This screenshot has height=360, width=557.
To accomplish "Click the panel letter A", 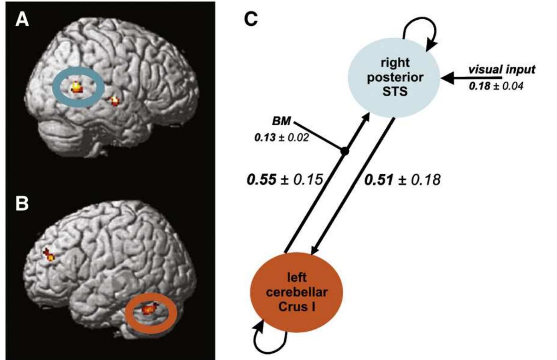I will (22, 19).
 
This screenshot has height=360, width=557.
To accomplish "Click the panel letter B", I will (22, 203).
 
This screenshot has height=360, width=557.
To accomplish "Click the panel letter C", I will (251, 19).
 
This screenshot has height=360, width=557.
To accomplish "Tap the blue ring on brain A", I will (56, 87).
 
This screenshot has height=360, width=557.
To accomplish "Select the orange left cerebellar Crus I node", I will (297, 292).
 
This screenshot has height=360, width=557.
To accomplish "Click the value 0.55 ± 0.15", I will (285, 179).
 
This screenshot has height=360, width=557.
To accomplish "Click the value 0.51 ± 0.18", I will (402, 179).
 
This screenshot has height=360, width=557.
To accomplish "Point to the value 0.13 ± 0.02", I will (282, 138).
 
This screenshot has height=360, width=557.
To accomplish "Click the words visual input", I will (501, 69).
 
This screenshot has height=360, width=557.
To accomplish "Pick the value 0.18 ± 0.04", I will (496, 85).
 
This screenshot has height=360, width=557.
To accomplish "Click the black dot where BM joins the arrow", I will (344, 151).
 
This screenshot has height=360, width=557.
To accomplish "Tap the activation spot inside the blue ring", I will (76, 87).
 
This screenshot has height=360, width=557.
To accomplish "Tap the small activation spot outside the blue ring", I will (114, 100).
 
